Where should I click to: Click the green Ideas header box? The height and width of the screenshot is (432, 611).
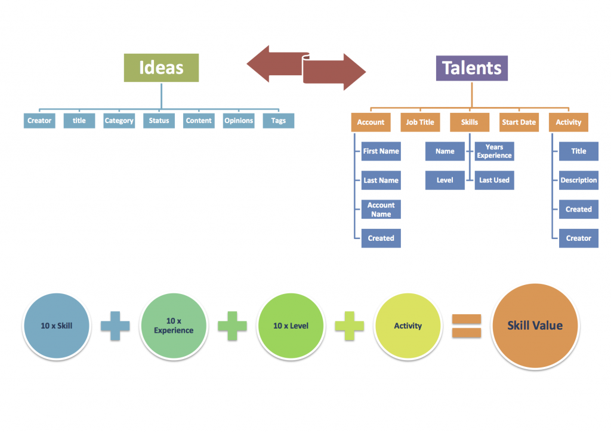(161, 68)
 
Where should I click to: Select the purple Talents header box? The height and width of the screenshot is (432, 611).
(471, 68)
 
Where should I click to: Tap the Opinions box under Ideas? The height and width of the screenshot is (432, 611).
(239, 121)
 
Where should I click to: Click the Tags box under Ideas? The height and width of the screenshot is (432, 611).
(278, 121)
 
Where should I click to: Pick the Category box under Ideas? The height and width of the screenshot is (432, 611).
(119, 121)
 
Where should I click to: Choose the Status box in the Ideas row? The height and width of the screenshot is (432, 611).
(159, 121)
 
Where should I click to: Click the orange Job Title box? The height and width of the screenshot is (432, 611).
(420, 122)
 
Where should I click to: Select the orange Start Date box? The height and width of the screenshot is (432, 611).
(519, 122)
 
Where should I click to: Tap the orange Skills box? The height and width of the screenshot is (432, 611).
(469, 122)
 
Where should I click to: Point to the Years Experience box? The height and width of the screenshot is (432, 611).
(494, 151)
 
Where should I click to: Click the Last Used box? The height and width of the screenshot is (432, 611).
(494, 180)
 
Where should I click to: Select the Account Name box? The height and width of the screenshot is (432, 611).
(381, 210)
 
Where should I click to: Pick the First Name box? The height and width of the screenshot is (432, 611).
(381, 151)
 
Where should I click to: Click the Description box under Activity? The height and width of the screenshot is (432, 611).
(578, 180)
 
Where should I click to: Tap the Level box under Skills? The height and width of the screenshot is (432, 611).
(445, 180)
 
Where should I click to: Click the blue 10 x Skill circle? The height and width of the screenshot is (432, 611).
(57, 326)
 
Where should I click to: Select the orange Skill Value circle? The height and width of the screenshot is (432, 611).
(535, 326)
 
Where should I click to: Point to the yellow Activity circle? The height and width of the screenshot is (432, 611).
(408, 326)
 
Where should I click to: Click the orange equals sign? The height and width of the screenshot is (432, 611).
(466, 326)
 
